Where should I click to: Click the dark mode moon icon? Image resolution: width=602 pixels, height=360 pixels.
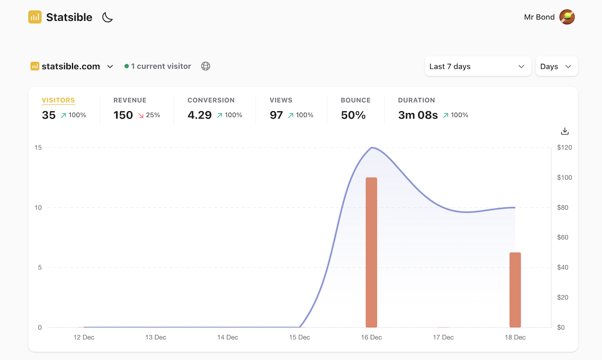pyautogui.click(x=108, y=18)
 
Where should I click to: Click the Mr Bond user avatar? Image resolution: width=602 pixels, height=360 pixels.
pyautogui.click(x=567, y=17)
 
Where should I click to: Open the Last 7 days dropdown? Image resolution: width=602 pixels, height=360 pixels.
pyautogui.click(x=477, y=66)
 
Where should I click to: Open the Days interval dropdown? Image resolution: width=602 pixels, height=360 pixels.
pyautogui.click(x=556, y=66)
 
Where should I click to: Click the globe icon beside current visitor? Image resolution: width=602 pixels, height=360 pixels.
pyautogui.click(x=206, y=66)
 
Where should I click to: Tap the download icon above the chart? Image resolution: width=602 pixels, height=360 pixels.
pyautogui.click(x=565, y=131)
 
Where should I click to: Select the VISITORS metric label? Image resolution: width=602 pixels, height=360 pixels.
pyautogui.click(x=58, y=100)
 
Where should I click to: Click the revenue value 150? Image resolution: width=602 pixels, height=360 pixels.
pyautogui.click(x=123, y=115)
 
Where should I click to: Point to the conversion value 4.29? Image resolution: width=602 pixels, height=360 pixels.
pyautogui.click(x=200, y=115)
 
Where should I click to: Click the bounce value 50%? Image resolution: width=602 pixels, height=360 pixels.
pyautogui.click(x=353, y=115)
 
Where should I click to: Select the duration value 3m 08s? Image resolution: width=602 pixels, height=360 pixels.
pyautogui.click(x=418, y=115)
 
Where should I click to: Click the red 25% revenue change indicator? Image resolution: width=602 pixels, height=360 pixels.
pyautogui.click(x=149, y=115)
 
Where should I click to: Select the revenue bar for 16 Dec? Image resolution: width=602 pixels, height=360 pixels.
pyautogui.click(x=371, y=252)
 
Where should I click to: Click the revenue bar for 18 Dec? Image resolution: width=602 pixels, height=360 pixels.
pyautogui.click(x=515, y=290)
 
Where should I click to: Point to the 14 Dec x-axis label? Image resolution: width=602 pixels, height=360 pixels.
pyautogui.click(x=228, y=337)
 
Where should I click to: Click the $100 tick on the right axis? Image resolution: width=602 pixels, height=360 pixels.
pyautogui.click(x=564, y=178)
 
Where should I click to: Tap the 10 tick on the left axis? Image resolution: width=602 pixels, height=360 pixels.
pyautogui.click(x=37, y=207)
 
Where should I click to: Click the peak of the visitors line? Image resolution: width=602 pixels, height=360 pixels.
pyautogui.click(x=372, y=148)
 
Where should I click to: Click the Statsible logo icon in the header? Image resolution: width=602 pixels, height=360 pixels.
pyautogui.click(x=35, y=17)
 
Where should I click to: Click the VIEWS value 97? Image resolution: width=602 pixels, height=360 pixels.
pyautogui.click(x=276, y=115)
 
